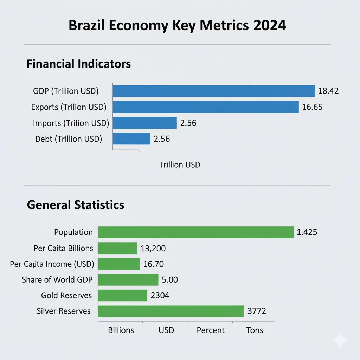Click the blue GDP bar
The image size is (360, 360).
coord(213,91)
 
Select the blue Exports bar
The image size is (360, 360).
coord(206,107)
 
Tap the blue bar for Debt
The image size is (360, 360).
coord(131,139)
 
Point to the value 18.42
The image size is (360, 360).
coord(328,91)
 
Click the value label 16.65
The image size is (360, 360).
coord(312,107)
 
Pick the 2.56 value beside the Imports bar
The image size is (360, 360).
coord(188,123)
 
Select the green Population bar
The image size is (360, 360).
coord(195,232)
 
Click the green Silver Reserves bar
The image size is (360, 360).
coord(171,311)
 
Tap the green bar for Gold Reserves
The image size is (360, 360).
coord(122,295)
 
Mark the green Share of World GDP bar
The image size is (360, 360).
coord(128,280)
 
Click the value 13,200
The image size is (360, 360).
coord(153,249)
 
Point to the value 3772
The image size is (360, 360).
coord(257,311)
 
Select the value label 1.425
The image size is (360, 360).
coord(307,232)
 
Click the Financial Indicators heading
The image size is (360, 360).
coord(79,64)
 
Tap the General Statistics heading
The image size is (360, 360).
coord(76,205)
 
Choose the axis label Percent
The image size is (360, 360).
coord(211,330)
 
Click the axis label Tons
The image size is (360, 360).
coord(255,330)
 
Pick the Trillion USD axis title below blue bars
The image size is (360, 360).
coord(180,165)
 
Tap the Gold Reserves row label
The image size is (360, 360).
coord(66,295)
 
